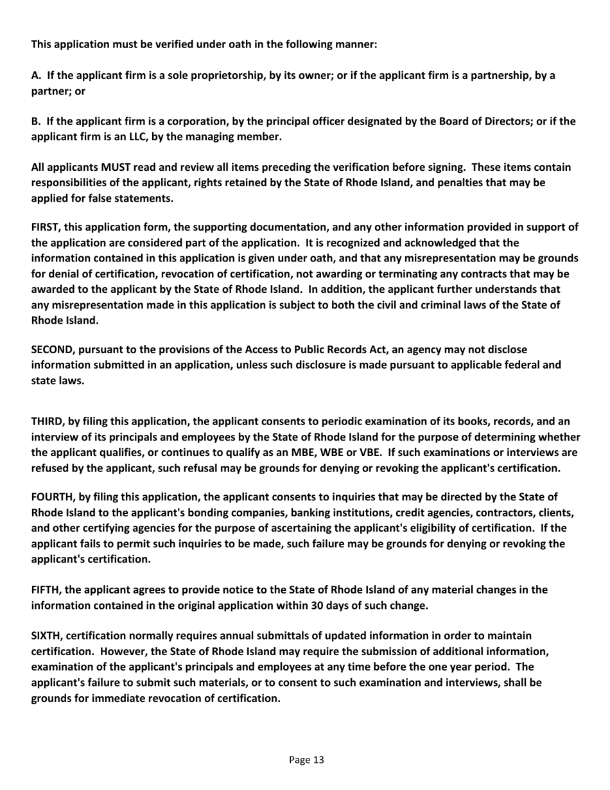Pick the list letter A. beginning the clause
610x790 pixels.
pos(37,75)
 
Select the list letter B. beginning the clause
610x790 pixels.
pos(37,121)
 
